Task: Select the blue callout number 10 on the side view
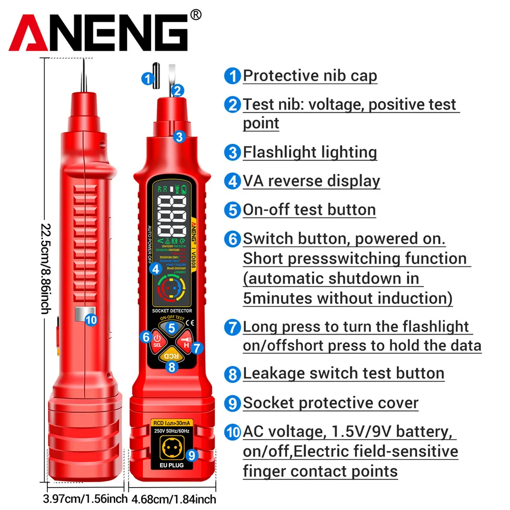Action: (91, 320)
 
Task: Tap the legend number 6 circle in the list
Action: (232, 239)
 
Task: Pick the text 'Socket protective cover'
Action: (330, 403)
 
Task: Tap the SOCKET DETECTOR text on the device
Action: (172, 310)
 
